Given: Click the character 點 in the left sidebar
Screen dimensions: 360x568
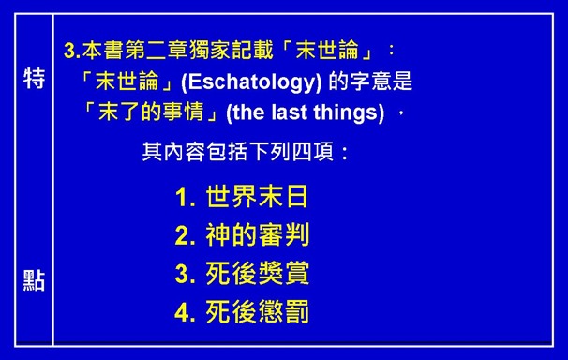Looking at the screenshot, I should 34,281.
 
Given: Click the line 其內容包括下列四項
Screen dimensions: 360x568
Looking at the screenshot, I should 246,151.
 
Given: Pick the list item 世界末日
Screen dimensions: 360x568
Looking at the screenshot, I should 257,197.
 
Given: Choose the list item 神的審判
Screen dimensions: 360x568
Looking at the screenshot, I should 257,235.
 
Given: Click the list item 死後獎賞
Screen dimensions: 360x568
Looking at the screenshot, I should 257,274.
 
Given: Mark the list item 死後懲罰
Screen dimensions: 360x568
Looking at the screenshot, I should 257,312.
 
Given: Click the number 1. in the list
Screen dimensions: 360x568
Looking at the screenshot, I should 185,198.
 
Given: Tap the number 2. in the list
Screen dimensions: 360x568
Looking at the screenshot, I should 185,236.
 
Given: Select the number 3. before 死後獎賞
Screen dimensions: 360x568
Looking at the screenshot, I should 185,275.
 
